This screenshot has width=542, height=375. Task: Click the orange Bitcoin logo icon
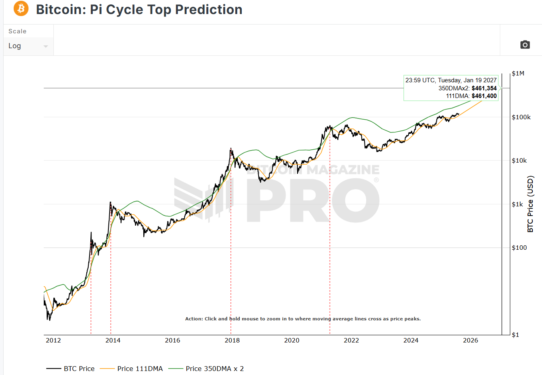click(x=21, y=9)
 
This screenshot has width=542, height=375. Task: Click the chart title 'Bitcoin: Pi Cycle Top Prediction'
click(x=139, y=10)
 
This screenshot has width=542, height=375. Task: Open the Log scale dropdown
click(x=28, y=46)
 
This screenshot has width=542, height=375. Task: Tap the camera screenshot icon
click(x=525, y=45)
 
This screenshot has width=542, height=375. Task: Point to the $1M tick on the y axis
click(x=518, y=73)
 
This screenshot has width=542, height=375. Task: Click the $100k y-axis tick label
click(x=521, y=117)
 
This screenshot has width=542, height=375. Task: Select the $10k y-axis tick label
click(x=519, y=161)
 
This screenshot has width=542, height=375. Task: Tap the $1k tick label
click(x=517, y=204)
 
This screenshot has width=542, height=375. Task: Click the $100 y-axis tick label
click(x=519, y=248)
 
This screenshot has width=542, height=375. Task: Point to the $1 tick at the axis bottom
click(x=515, y=335)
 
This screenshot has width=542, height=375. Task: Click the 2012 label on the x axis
click(x=53, y=340)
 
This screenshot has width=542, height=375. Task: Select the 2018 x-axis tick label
click(x=232, y=340)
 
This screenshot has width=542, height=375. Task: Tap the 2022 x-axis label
click(x=351, y=340)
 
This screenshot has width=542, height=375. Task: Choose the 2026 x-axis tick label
click(x=471, y=340)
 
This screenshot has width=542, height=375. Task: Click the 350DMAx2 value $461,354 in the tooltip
click(x=484, y=88)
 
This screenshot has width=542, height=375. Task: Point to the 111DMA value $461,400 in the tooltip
click(x=484, y=96)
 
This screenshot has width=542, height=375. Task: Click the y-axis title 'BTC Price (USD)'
click(x=530, y=204)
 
